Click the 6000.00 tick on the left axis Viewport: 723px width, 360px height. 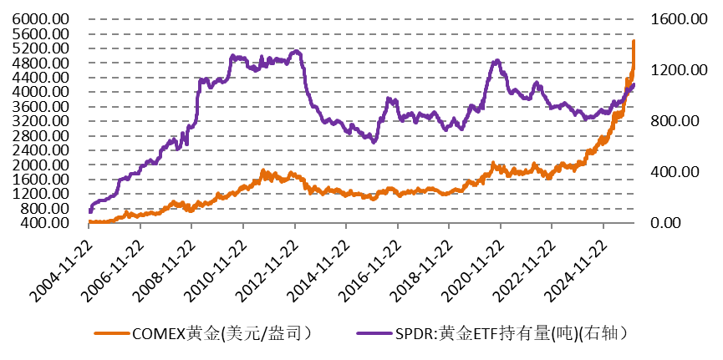(x=40, y=19)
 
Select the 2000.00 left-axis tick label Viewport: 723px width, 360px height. (x=40, y=165)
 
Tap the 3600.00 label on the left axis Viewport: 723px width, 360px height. (x=40, y=107)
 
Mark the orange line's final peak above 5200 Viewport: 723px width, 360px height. (x=634, y=41)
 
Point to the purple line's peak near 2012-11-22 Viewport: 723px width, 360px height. (x=295, y=52)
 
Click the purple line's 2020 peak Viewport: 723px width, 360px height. (x=496, y=61)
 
